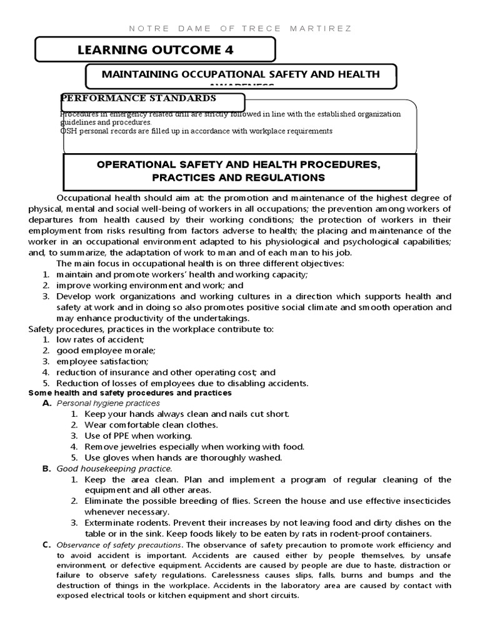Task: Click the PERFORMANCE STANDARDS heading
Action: coord(138,98)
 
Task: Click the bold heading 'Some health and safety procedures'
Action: coord(130,393)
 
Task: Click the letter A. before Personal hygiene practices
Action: coord(47,404)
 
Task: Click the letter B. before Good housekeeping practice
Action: coord(47,468)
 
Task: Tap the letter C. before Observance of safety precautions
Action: coord(47,544)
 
